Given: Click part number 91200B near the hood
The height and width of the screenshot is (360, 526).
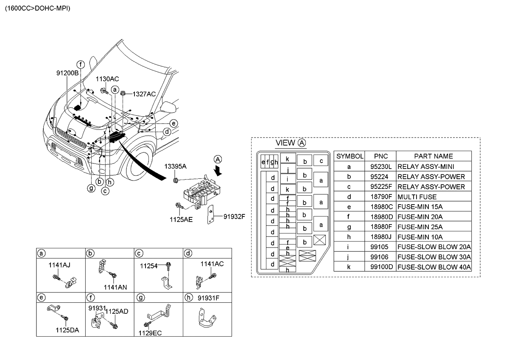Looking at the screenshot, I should (67, 73).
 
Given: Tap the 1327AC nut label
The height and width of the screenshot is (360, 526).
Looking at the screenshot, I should (144, 94).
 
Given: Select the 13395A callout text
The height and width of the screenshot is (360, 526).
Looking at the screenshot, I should (176, 166).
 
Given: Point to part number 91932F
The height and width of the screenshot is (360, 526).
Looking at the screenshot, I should (234, 217).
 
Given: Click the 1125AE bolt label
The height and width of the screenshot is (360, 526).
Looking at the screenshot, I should (182, 219).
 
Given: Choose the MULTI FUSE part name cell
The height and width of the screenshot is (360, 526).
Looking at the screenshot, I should (417, 197).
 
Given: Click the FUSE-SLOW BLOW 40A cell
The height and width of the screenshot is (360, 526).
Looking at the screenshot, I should (434, 267).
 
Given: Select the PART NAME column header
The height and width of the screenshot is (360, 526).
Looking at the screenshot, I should (433, 156).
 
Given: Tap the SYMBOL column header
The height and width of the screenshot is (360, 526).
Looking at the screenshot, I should (350, 156).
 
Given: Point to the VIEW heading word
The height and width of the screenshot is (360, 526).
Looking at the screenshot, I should (285, 143).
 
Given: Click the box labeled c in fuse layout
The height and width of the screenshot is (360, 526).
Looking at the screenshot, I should (321, 161).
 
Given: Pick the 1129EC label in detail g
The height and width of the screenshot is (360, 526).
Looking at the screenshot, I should (150, 333).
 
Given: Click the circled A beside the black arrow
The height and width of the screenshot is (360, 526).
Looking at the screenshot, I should (217, 160).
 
